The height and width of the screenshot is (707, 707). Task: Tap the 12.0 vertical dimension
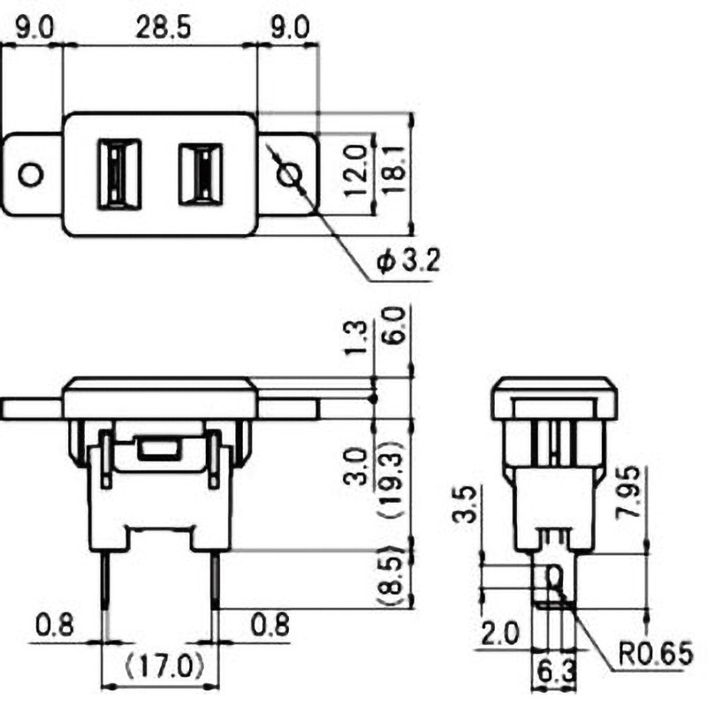coord(355,173)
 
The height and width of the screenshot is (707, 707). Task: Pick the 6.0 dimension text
coord(394,325)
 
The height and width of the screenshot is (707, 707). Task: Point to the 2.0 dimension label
coord(499,633)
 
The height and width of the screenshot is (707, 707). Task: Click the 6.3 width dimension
coord(553,672)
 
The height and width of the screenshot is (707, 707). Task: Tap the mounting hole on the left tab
coord(31,174)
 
